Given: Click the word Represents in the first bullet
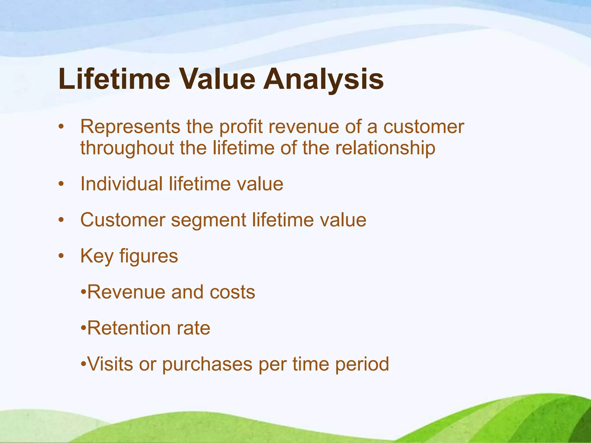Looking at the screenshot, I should click(x=130, y=127).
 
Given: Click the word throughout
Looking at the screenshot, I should click(x=127, y=148).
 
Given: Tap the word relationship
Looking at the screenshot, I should click(x=385, y=148).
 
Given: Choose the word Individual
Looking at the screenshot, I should click(x=121, y=184).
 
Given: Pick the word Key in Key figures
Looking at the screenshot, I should click(x=97, y=256).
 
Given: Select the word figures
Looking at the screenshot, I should click(x=149, y=256).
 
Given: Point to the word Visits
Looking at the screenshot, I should click(x=110, y=364).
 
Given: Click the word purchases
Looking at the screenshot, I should click(x=207, y=365).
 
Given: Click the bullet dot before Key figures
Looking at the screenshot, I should click(x=61, y=256).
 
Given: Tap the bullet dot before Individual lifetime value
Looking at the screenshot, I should click(x=61, y=184).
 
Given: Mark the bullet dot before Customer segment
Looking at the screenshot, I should click(x=61, y=220).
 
